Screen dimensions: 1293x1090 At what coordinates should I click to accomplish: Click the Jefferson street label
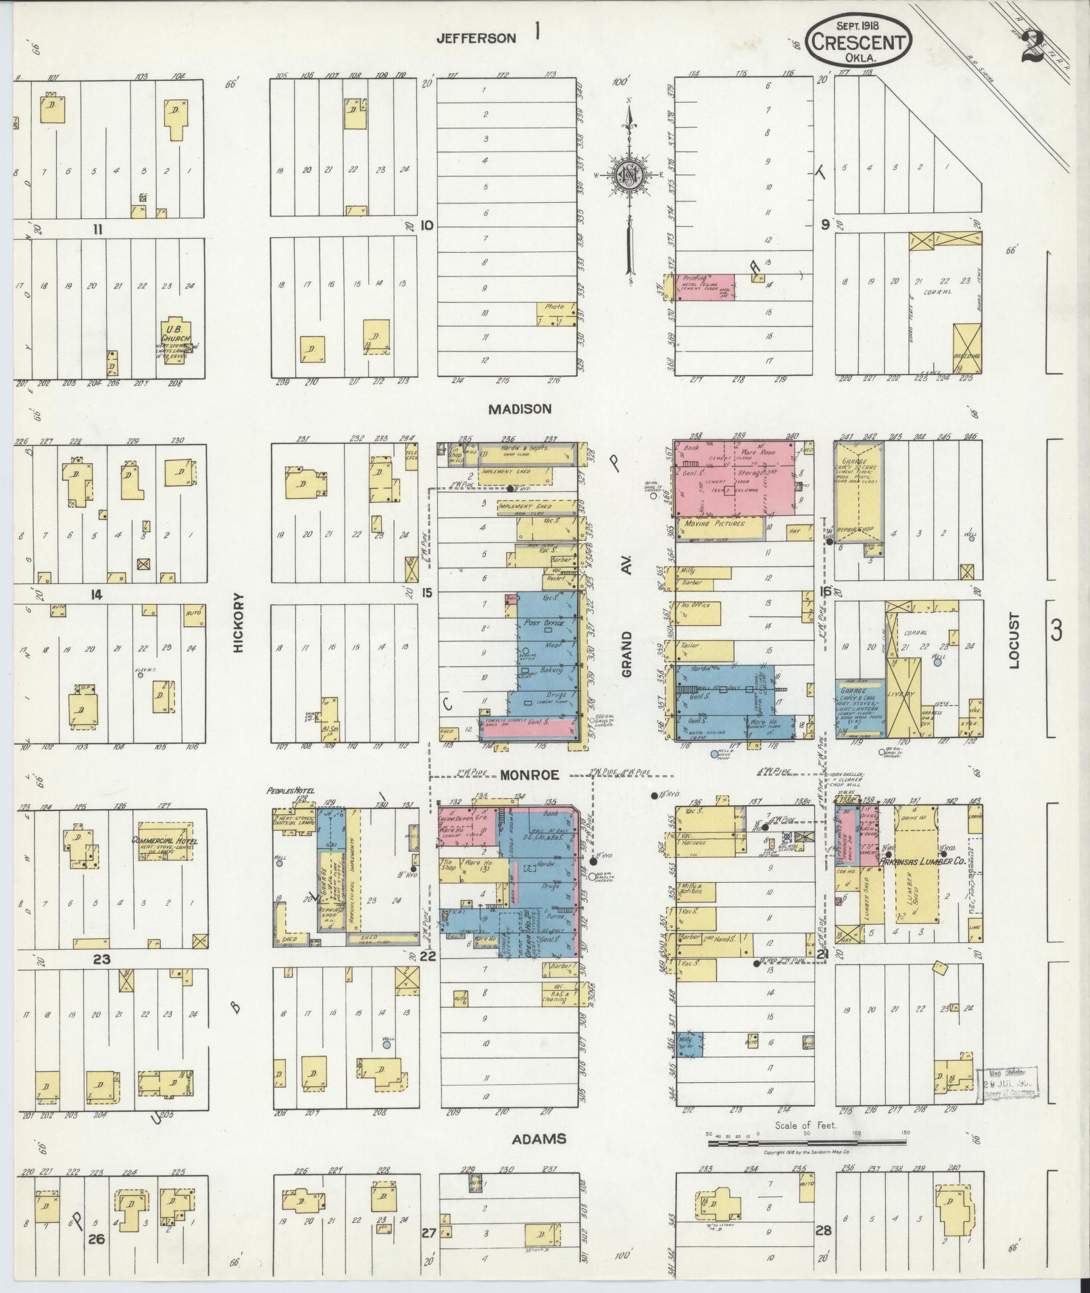click(x=476, y=39)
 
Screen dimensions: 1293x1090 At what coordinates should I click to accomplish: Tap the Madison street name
click(x=520, y=408)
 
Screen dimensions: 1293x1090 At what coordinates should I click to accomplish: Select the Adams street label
click(x=539, y=1140)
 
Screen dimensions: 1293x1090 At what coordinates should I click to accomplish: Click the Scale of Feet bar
click(x=808, y=1143)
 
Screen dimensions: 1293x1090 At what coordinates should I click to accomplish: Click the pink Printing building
click(x=705, y=287)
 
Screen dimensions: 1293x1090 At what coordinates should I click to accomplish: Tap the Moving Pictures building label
click(x=714, y=523)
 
